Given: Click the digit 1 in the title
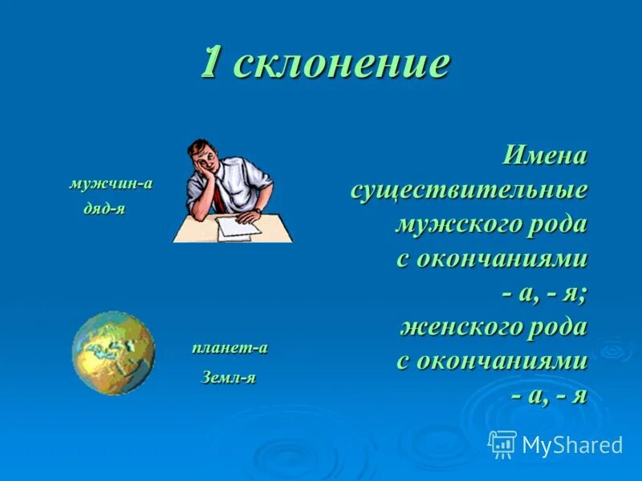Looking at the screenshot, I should pos(210,63).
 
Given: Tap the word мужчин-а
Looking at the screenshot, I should pos(111,183).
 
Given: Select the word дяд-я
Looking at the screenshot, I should pos(104,208).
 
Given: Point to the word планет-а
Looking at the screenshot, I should pos(229,348).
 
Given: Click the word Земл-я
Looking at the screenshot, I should pos(228,377).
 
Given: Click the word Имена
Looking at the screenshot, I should pos(545,156).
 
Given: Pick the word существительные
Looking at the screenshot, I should pos(469,191).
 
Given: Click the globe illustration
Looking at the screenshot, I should pos(113,353).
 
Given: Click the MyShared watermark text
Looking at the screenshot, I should pos(572,445).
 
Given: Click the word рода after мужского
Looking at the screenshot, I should pos(556,224).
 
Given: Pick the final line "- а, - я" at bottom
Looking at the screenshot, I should pos(549,394).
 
